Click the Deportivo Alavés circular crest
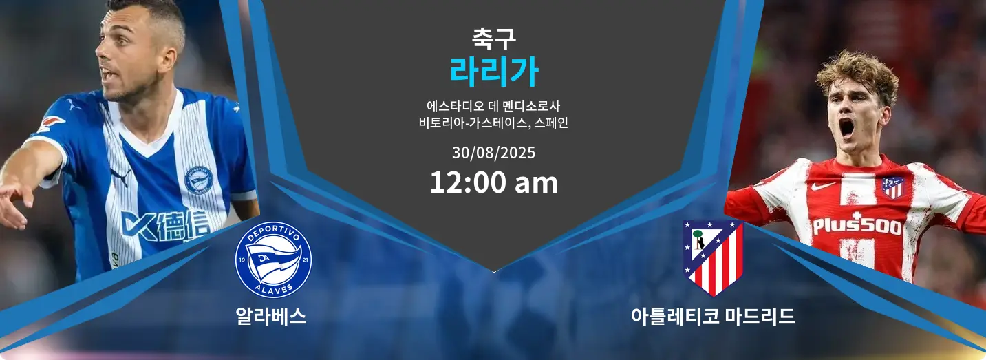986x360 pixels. pyautogui.click(x=273, y=260)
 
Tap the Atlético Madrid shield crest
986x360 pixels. pyautogui.click(x=713, y=258)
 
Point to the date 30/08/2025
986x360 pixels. pyautogui.click(x=493, y=153)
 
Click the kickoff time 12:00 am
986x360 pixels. pyautogui.click(x=493, y=182)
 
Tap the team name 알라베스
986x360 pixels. pyautogui.click(x=270, y=316)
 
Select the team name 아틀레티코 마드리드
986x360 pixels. pyautogui.click(x=713, y=316)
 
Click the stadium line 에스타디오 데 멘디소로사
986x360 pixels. pyautogui.click(x=493, y=106)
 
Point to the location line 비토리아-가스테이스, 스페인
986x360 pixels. pyautogui.click(x=493, y=123)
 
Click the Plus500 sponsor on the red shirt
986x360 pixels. pyautogui.click(x=857, y=225)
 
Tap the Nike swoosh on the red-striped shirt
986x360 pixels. pyautogui.click(x=822, y=186)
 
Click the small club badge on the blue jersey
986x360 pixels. pyautogui.click(x=199, y=180)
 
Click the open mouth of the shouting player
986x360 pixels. pyautogui.click(x=846, y=128)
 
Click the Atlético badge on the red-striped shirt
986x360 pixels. pyautogui.click(x=893, y=187)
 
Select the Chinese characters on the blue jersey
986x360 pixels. pyautogui.click(x=181, y=226)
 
